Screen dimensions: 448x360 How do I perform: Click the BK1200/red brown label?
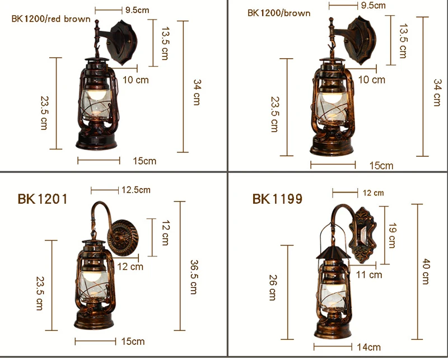51,19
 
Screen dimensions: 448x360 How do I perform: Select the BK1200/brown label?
279,13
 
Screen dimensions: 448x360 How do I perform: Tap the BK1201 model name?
43,199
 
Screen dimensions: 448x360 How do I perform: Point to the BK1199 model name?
277,199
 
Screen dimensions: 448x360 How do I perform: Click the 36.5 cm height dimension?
194,277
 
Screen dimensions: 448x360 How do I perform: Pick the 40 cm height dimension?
426,272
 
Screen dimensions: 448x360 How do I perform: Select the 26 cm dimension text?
273,287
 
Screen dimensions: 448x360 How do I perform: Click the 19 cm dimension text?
393,236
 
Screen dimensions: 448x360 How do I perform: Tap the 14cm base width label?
368,347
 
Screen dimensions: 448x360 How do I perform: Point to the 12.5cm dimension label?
136,190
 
